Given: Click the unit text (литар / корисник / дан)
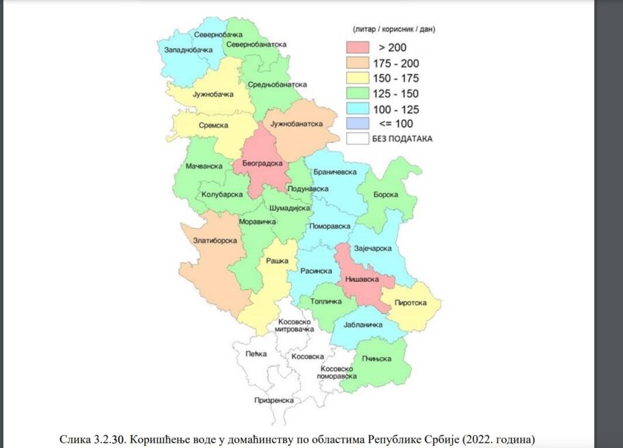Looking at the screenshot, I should pos(394,30).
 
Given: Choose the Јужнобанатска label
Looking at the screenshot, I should pos(296,124).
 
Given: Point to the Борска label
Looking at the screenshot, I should pos(385,194).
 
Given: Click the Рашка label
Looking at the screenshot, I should pos(277,261).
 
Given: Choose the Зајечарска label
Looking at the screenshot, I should pos(372,248).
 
